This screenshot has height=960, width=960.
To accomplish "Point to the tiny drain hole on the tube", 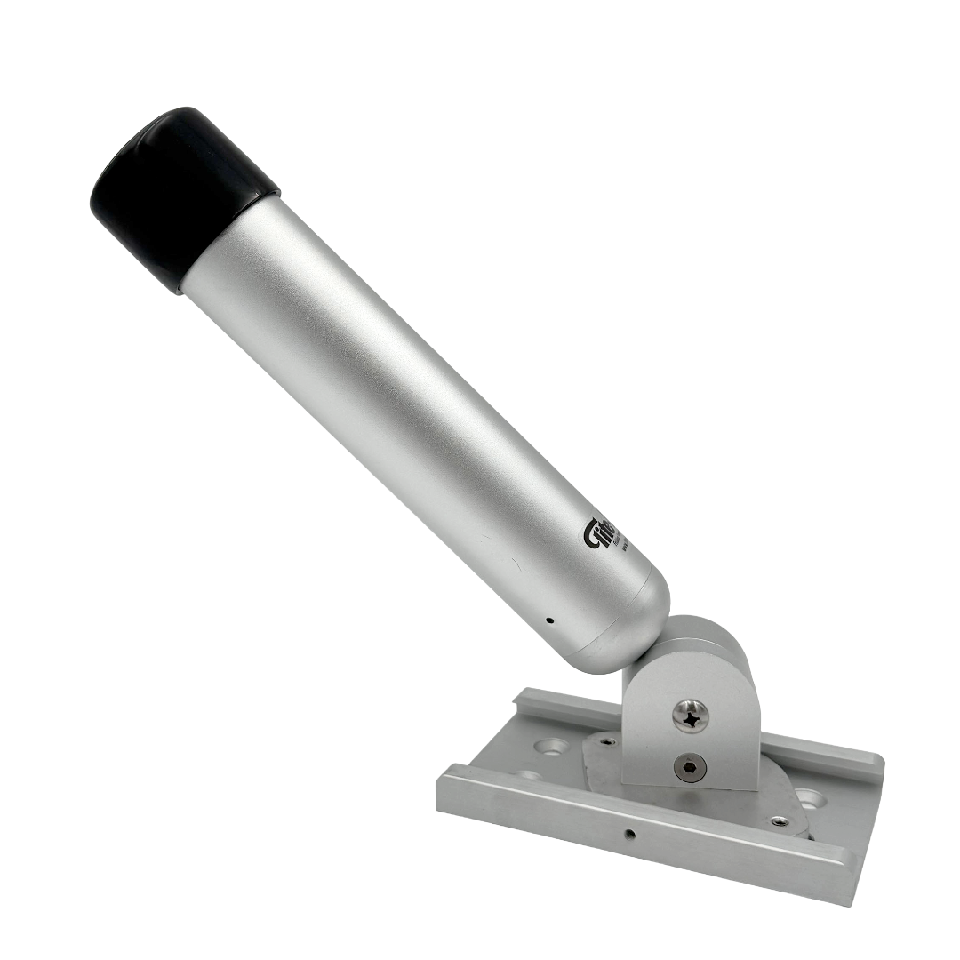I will tap(549, 620).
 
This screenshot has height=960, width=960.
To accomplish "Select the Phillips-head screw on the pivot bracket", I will tap(691, 716).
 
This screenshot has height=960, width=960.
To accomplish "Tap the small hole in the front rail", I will tap(629, 834).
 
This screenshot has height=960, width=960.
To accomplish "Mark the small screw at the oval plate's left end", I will tap(606, 740).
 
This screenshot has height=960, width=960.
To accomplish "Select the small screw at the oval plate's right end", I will tap(779, 821).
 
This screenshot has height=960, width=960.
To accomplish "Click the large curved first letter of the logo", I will tap(592, 539).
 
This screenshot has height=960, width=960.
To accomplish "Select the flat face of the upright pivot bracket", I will tap(667, 738).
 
